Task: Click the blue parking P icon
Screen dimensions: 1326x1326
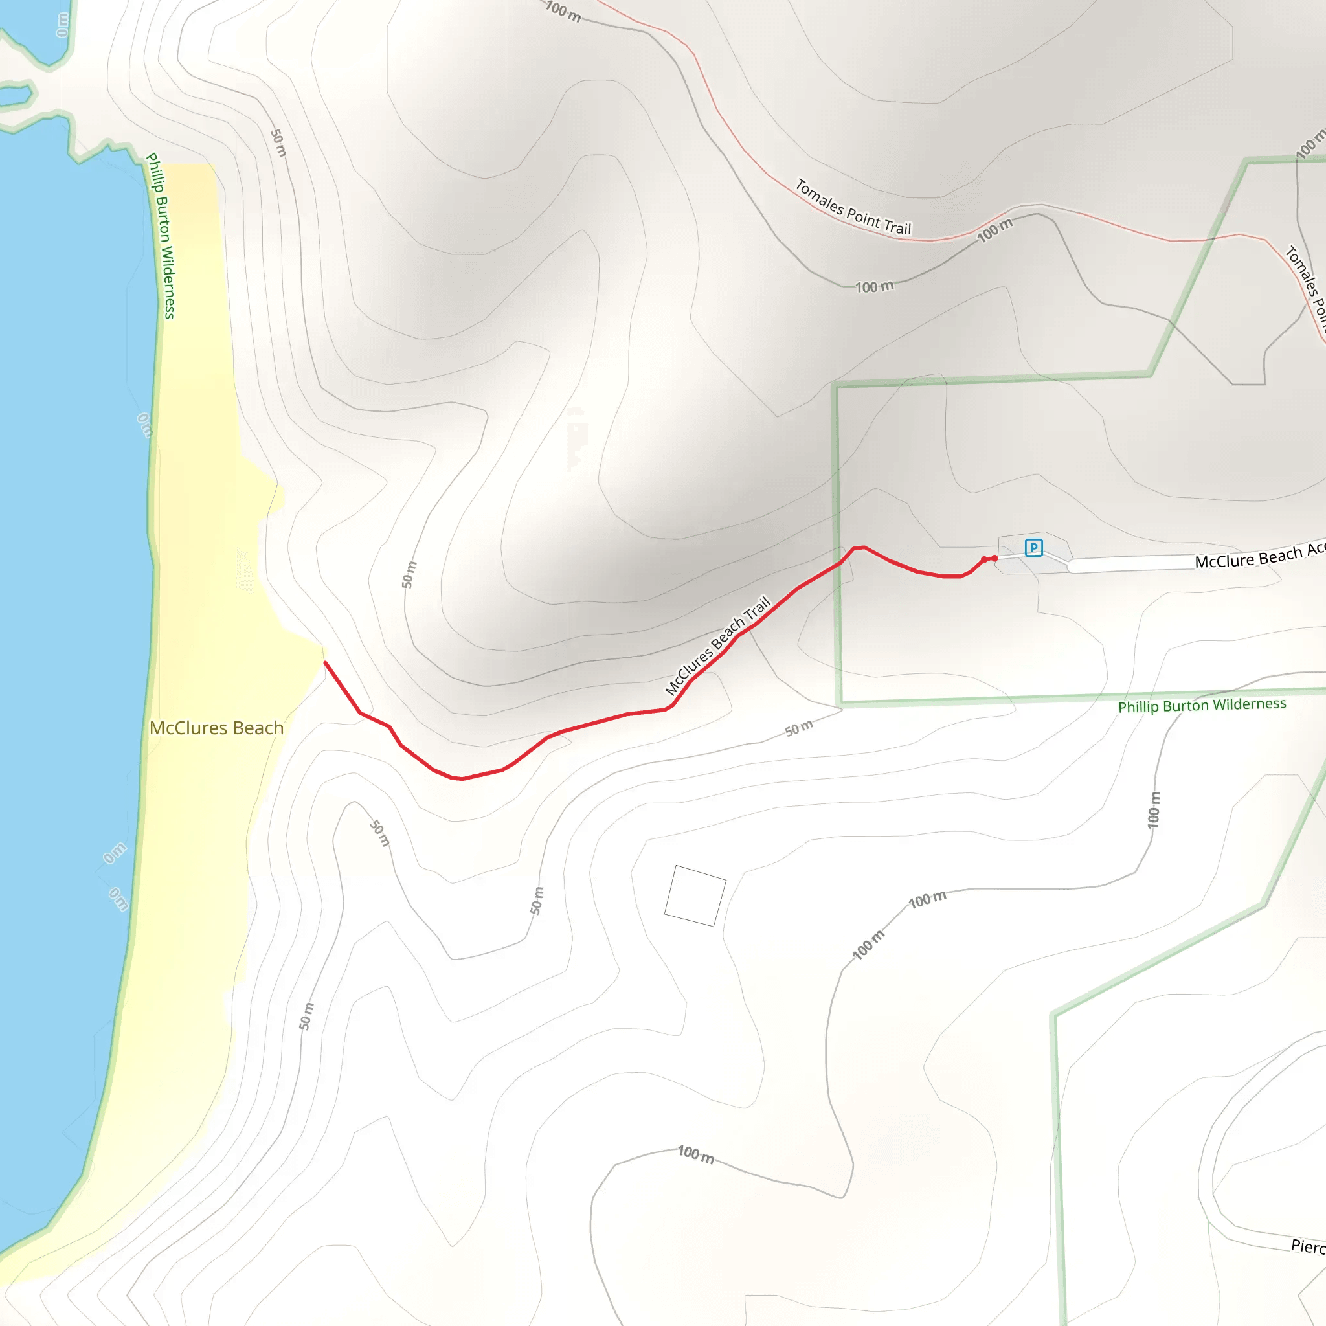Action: pos(1033,548)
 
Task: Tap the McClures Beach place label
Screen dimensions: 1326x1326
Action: pos(216,728)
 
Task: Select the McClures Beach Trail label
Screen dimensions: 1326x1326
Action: pos(718,646)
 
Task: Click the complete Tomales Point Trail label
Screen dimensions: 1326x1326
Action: pos(853,207)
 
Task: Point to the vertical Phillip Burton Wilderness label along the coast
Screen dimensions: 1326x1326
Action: pos(161,236)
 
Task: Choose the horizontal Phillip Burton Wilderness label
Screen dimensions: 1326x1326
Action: pos(1202,705)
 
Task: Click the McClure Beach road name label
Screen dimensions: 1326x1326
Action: pos(1259,556)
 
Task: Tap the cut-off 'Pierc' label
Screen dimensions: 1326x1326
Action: pos(1307,1246)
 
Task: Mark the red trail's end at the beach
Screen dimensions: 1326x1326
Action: pos(325,663)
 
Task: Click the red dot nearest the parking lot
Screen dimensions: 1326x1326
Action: pos(994,558)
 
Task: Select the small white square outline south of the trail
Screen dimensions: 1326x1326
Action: pos(695,895)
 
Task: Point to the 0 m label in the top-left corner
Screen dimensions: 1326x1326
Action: pos(62,25)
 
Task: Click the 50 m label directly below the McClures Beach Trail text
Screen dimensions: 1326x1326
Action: pos(799,728)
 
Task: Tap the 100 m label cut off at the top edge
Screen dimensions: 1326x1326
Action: pos(563,11)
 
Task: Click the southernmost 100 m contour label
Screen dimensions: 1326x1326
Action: pos(696,1154)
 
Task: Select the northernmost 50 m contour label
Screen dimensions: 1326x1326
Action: pos(278,142)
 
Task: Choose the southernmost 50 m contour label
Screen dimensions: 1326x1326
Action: pos(307,1017)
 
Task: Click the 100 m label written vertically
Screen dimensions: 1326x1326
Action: pos(1154,810)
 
